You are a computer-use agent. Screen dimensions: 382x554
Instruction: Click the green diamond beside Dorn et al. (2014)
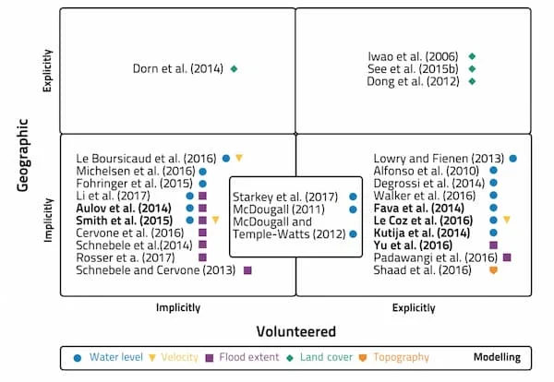(235, 68)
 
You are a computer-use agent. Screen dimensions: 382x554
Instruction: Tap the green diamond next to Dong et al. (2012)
(472, 81)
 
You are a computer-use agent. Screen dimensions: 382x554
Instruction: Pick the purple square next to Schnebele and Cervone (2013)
(247, 269)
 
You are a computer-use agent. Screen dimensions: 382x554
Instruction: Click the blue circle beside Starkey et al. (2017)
(354, 197)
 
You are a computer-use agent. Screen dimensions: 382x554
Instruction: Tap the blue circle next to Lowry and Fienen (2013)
(512, 159)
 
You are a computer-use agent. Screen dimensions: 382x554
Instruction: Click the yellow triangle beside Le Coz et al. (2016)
(506, 220)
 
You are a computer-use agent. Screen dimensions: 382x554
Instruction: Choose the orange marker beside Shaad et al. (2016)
(493, 269)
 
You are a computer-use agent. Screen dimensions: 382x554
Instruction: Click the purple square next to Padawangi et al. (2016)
(507, 257)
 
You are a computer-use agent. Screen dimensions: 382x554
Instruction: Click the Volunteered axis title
(295, 331)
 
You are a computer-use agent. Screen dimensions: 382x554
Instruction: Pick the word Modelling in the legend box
(497, 357)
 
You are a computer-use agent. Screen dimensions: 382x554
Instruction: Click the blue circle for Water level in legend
(78, 357)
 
